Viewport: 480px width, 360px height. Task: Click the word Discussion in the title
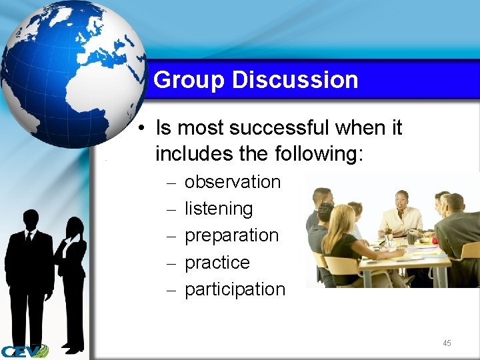pos(295,80)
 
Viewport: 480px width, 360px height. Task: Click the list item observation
pos(232,182)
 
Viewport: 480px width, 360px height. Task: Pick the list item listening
pos(219,209)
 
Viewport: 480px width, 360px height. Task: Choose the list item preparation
pos(231,235)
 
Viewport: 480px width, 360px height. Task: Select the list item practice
pos(217,263)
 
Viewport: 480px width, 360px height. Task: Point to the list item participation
pos(234,289)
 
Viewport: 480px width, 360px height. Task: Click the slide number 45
pos(447,343)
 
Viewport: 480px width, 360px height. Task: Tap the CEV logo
pos(24,351)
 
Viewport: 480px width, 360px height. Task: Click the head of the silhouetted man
pos(31,219)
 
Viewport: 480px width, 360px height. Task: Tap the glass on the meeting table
pos(389,241)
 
